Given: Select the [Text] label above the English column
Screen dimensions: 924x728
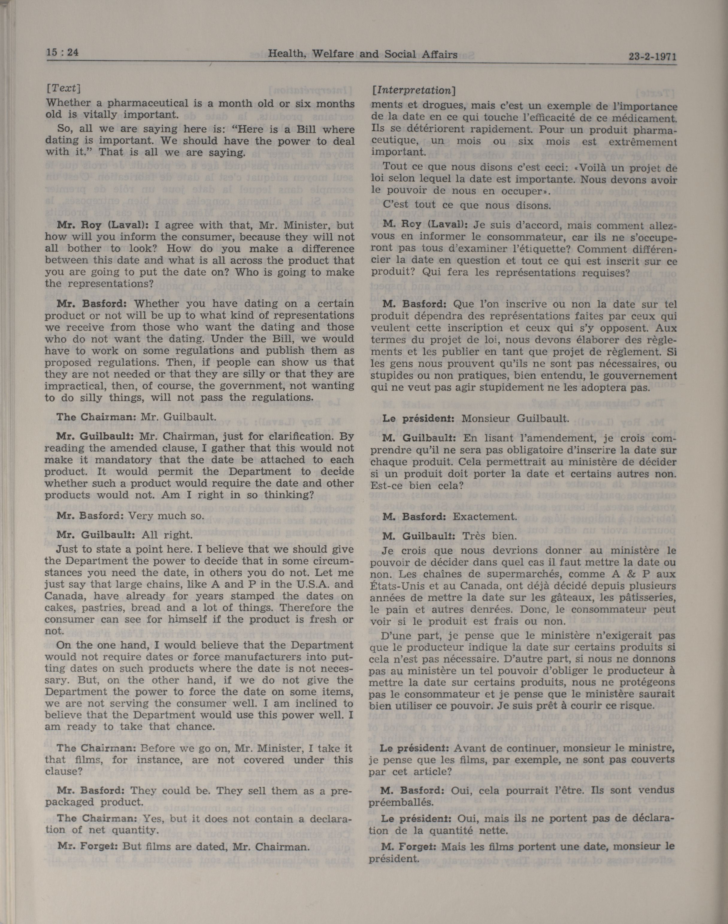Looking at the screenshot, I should point(63,88).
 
